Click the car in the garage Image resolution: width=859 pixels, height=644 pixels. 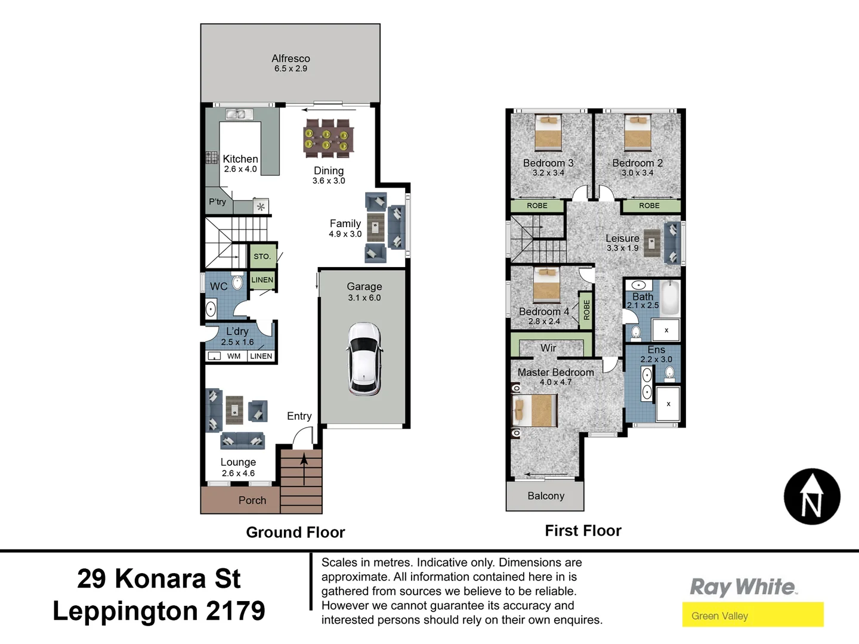point(364,359)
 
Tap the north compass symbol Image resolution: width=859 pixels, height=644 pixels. point(812,497)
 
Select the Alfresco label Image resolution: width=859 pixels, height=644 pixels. point(291,58)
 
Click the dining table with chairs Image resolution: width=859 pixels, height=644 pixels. point(327,138)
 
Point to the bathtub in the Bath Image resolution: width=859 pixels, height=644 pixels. point(670,298)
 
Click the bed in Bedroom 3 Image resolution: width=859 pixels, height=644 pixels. point(548,132)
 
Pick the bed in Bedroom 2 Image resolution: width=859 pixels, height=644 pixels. point(637,132)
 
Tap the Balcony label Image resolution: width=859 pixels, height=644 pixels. point(546,496)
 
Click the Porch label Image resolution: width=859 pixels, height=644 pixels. point(252,500)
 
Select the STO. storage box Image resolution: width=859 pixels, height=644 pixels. point(262,256)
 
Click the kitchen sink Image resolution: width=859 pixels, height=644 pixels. point(236,114)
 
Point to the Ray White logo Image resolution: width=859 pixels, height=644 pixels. point(743,587)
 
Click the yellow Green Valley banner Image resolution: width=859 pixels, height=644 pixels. point(753,615)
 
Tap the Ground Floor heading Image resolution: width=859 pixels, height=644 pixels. point(295,532)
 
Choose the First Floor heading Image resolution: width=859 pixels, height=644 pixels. point(583,531)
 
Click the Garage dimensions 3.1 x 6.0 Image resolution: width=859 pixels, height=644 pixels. point(364,298)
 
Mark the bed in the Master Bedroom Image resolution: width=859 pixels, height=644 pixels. point(534,411)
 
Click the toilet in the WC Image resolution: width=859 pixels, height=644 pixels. point(237,283)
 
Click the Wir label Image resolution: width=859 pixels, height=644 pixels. point(548,348)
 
